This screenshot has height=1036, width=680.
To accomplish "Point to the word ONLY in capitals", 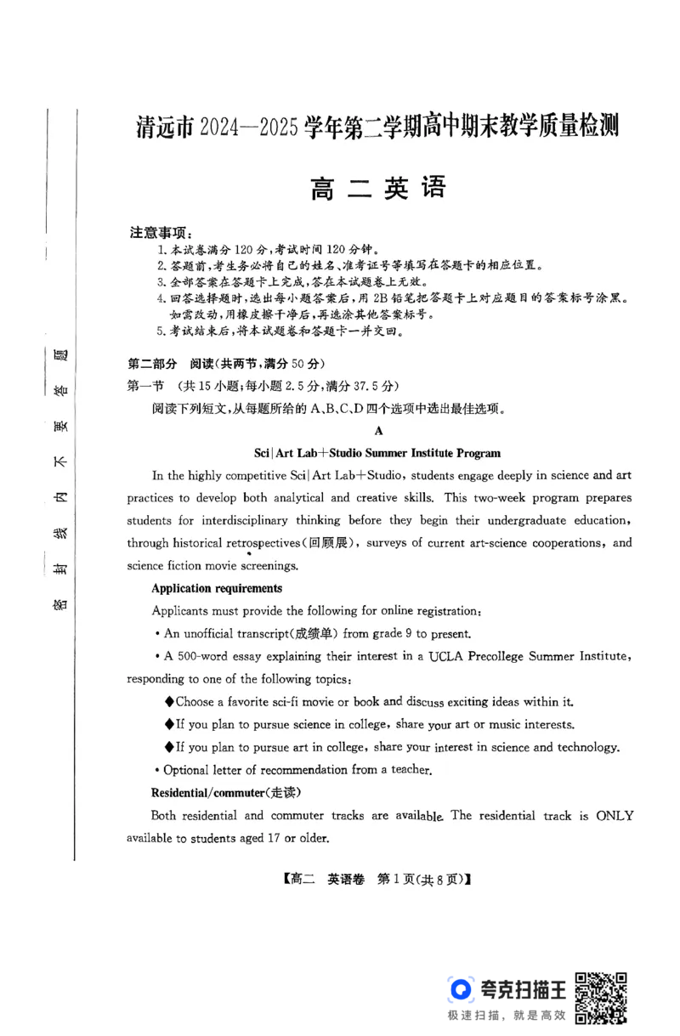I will click(614, 815).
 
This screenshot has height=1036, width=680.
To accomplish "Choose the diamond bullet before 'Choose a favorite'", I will click(169, 702).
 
